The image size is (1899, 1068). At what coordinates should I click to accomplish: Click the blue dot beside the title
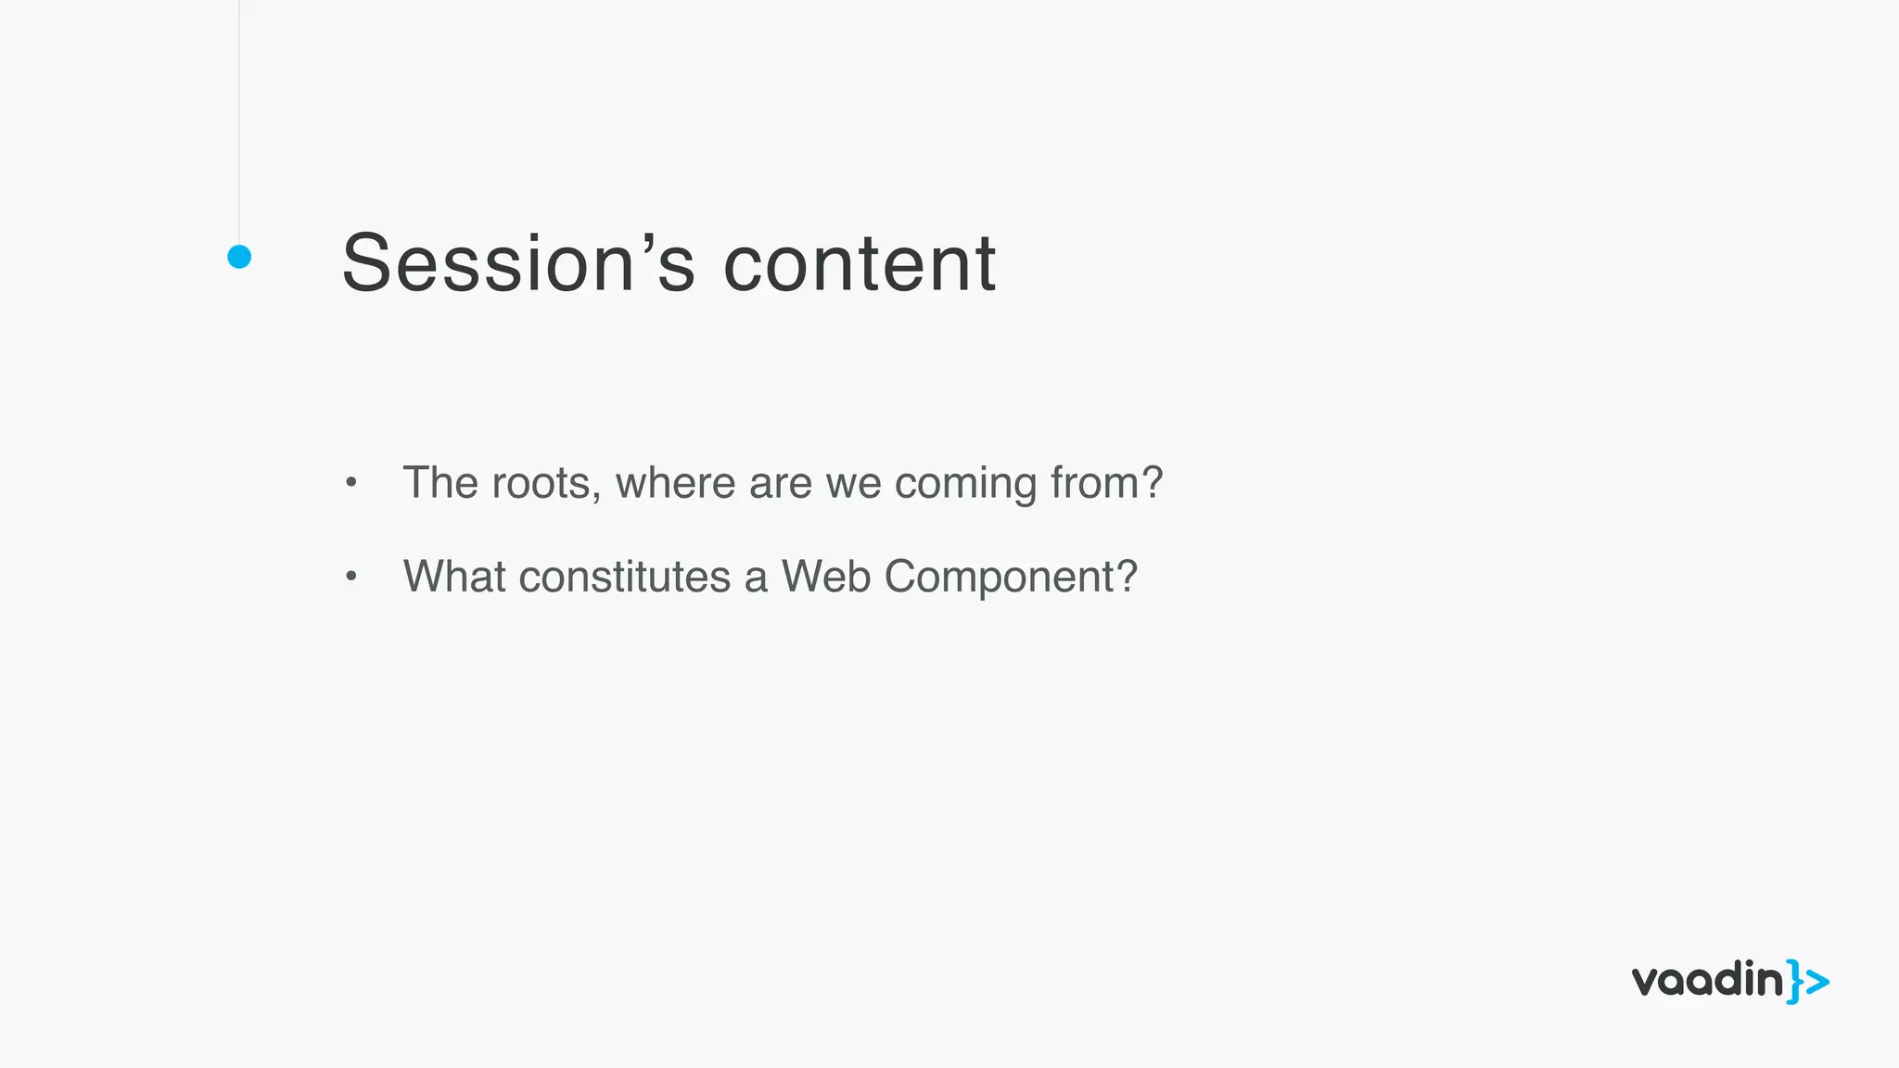(x=239, y=257)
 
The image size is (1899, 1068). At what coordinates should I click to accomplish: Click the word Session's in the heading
(x=518, y=263)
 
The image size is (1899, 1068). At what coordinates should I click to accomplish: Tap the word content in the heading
(x=859, y=263)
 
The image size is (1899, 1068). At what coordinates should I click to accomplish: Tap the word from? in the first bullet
(x=1106, y=483)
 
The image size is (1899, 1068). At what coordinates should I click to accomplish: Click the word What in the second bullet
(x=454, y=577)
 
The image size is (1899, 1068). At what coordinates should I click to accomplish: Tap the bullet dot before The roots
(x=350, y=482)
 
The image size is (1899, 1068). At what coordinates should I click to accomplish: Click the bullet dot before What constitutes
(x=350, y=577)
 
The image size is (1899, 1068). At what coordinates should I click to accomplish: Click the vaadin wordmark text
(x=1707, y=980)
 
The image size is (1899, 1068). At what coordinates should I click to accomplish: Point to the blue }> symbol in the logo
(x=1808, y=982)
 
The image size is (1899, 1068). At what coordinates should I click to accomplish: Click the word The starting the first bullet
(x=440, y=483)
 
